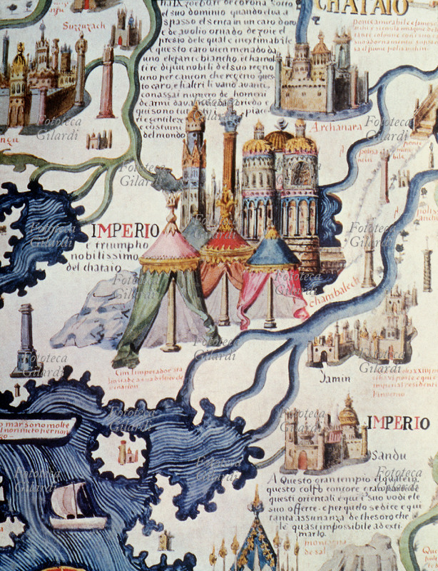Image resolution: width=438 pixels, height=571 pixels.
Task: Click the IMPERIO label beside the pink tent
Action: point(126,231)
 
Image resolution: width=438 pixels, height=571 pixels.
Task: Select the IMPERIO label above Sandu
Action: point(399,423)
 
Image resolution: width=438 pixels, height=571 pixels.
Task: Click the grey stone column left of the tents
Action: point(26,338)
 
